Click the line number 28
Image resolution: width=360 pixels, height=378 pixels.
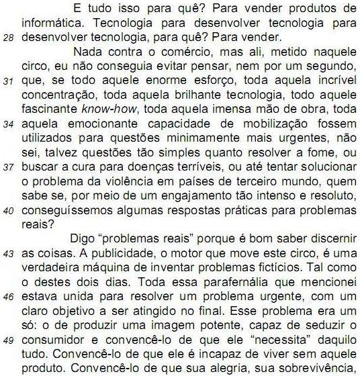(10, 39)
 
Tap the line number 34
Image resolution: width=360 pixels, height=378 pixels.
(10, 124)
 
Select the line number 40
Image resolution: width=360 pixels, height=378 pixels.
(10, 209)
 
